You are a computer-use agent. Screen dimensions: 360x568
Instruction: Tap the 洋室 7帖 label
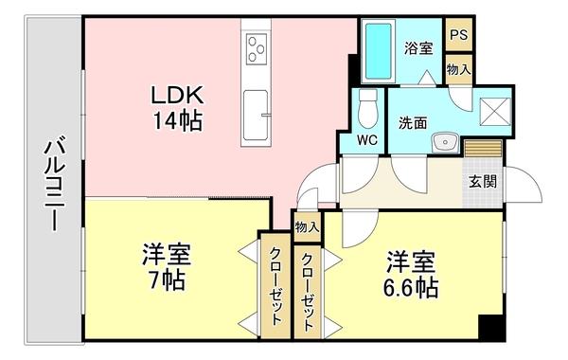point(168,267)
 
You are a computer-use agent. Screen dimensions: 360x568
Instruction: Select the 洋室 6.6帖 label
point(410,272)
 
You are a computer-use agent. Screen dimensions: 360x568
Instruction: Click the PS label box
point(460,35)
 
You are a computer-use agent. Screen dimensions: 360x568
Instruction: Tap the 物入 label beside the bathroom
point(460,68)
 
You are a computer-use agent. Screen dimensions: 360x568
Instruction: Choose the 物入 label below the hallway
point(307,226)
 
